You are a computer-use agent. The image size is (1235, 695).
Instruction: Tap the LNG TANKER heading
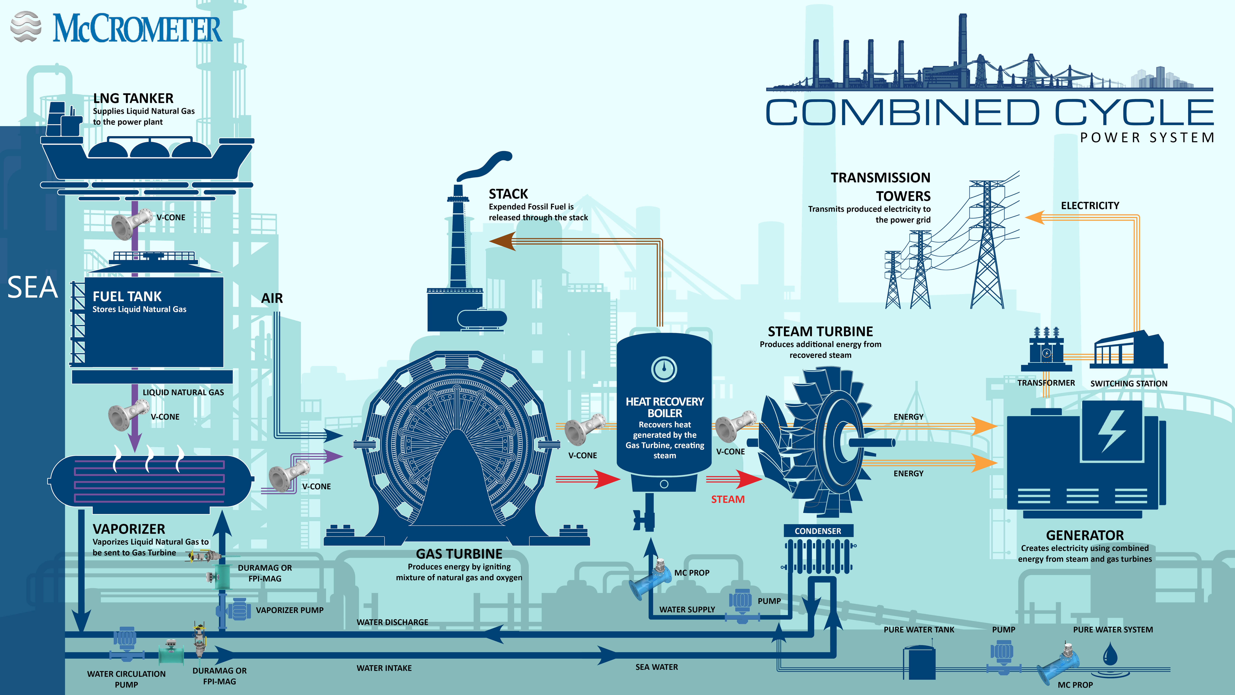tap(133, 98)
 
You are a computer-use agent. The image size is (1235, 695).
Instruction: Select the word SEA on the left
tap(33, 288)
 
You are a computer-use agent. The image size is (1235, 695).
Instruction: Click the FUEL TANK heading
tap(127, 296)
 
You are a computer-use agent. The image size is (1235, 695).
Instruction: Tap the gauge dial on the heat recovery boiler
tap(664, 369)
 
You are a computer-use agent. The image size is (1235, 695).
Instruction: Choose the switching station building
tap(1129, 350)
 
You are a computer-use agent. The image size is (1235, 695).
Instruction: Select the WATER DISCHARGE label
tap(392, 622)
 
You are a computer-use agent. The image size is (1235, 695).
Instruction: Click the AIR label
tap(272, 298)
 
